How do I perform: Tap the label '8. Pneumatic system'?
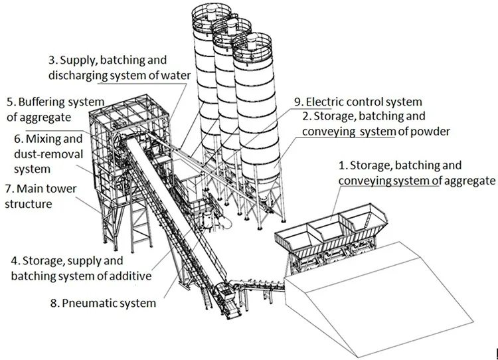[103, 304]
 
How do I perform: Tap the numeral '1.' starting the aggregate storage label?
[343, 165]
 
